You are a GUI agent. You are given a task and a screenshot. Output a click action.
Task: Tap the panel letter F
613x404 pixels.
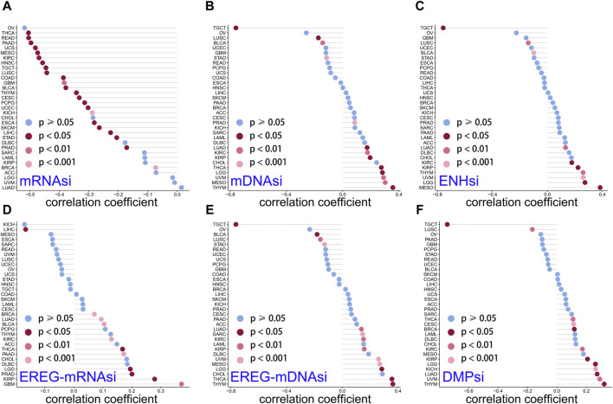pos(417,211)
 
